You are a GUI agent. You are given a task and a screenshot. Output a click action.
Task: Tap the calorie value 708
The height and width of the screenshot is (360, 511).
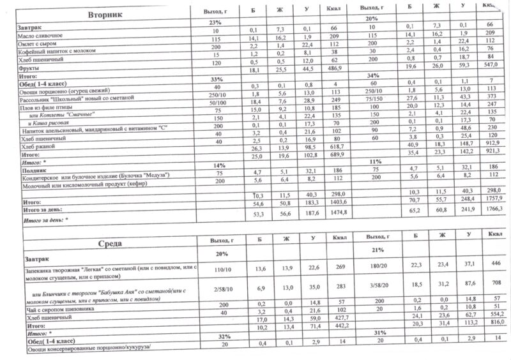(490, 284)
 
